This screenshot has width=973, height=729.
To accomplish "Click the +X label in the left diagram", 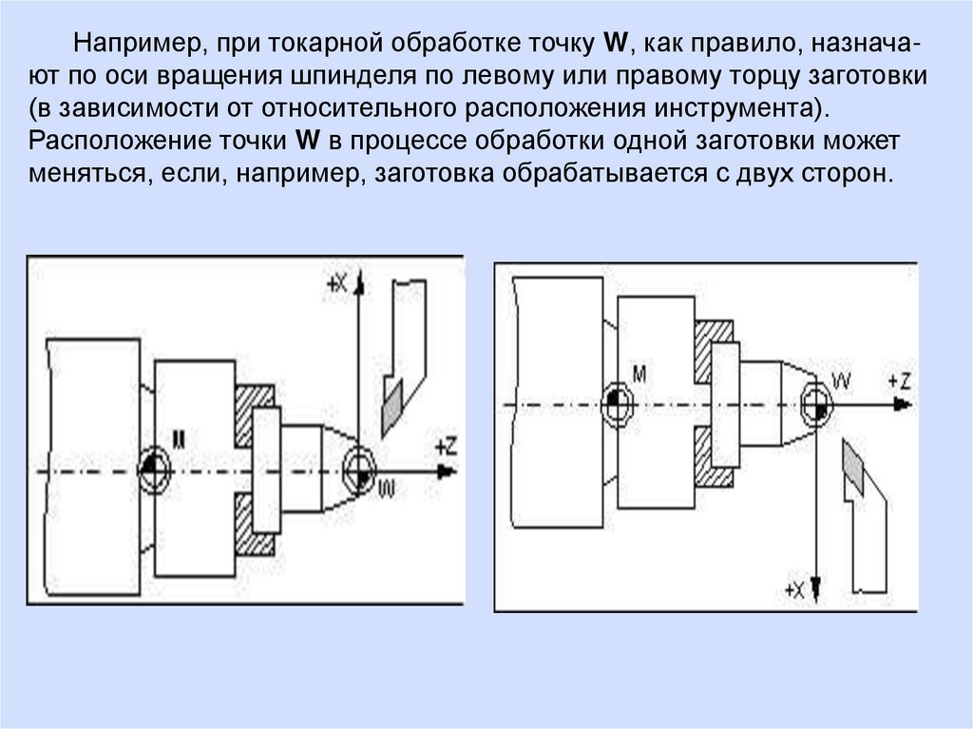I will click(x=337, y=281).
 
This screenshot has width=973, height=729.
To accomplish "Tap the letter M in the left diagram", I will click(x=179, y=438).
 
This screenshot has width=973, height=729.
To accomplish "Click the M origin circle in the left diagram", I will click(x=152, y=468).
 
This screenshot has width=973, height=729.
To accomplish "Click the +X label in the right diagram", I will click(x=793, y=590).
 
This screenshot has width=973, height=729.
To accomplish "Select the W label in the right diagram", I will click(x=841, y=380).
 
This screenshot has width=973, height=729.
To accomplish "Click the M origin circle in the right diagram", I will click(x=617, y=403).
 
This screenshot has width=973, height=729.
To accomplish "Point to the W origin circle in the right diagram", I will click(x=815, y=404).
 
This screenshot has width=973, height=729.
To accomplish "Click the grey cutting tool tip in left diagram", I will click(x=391, y=402).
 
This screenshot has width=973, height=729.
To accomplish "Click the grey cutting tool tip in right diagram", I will click(x=852, y=470).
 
